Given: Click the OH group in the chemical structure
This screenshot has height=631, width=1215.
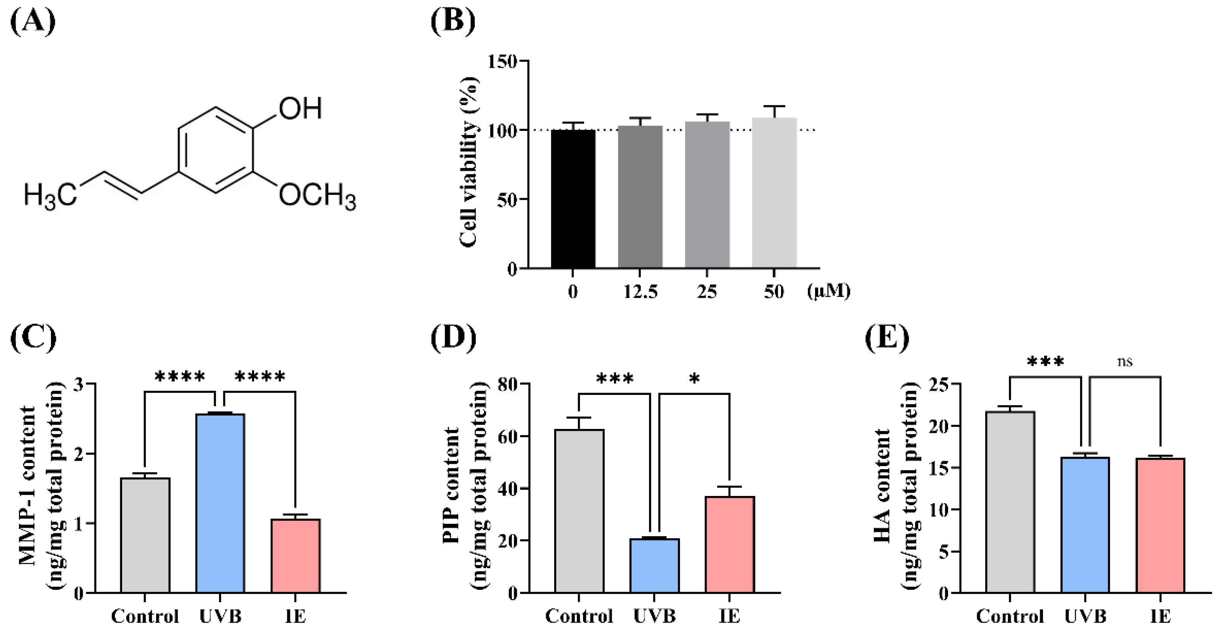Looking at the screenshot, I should click(x=300, y=109).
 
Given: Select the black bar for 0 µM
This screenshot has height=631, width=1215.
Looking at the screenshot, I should click(x=573, y=199).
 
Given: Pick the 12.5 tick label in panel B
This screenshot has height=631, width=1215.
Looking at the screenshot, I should click(x=640, y=292).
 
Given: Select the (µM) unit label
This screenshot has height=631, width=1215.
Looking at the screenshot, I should click(x=829, y=291).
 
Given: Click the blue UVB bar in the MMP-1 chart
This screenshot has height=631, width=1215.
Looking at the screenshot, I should click(x=220, y=503).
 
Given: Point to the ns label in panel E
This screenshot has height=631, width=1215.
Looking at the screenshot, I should click(x=1125, y=362).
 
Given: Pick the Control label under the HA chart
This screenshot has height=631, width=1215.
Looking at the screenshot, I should click(x=1010, y=616).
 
